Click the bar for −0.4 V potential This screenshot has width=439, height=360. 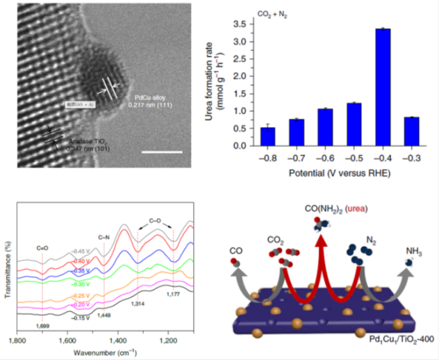[x=381, y=87]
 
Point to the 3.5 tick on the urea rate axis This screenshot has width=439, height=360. [x=241, y=24]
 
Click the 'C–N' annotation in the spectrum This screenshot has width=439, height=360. [x=103, y=237]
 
